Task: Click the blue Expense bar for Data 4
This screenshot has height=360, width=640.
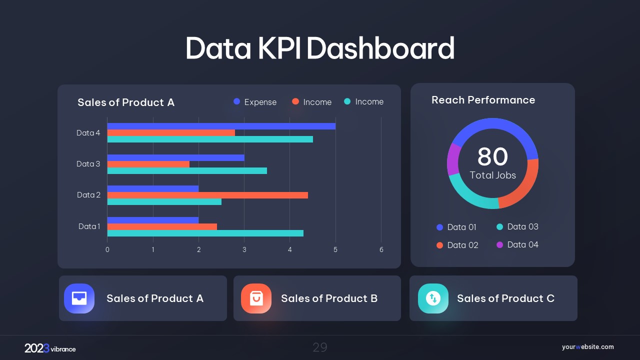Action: click(221, 126)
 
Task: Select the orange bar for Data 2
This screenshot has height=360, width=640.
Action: click(207, 195)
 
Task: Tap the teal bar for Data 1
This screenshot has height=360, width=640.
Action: click(205, 233)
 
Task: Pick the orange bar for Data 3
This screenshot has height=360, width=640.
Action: click(148, 164)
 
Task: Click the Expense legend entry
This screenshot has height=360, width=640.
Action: click(255, 102)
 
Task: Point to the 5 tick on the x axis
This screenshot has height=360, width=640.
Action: click(335, 249)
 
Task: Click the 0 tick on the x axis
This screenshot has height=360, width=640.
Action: click(107, 249)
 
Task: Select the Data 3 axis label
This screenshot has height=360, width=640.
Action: click(88, 164)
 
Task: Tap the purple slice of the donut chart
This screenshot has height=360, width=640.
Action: click(453, 159)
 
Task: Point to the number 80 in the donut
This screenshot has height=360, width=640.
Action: click(492, 156)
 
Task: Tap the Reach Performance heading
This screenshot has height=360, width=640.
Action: click(483, 100)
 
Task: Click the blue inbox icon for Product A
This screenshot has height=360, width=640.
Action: click(79, 298)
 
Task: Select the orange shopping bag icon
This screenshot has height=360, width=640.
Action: click(256, 298)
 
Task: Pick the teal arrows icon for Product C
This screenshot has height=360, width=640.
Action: click(433, 298)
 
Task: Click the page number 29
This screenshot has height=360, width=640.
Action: click(320, 347)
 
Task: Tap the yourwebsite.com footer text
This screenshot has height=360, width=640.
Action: click(587, 347)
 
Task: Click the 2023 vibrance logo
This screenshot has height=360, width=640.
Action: click(50, 348)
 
